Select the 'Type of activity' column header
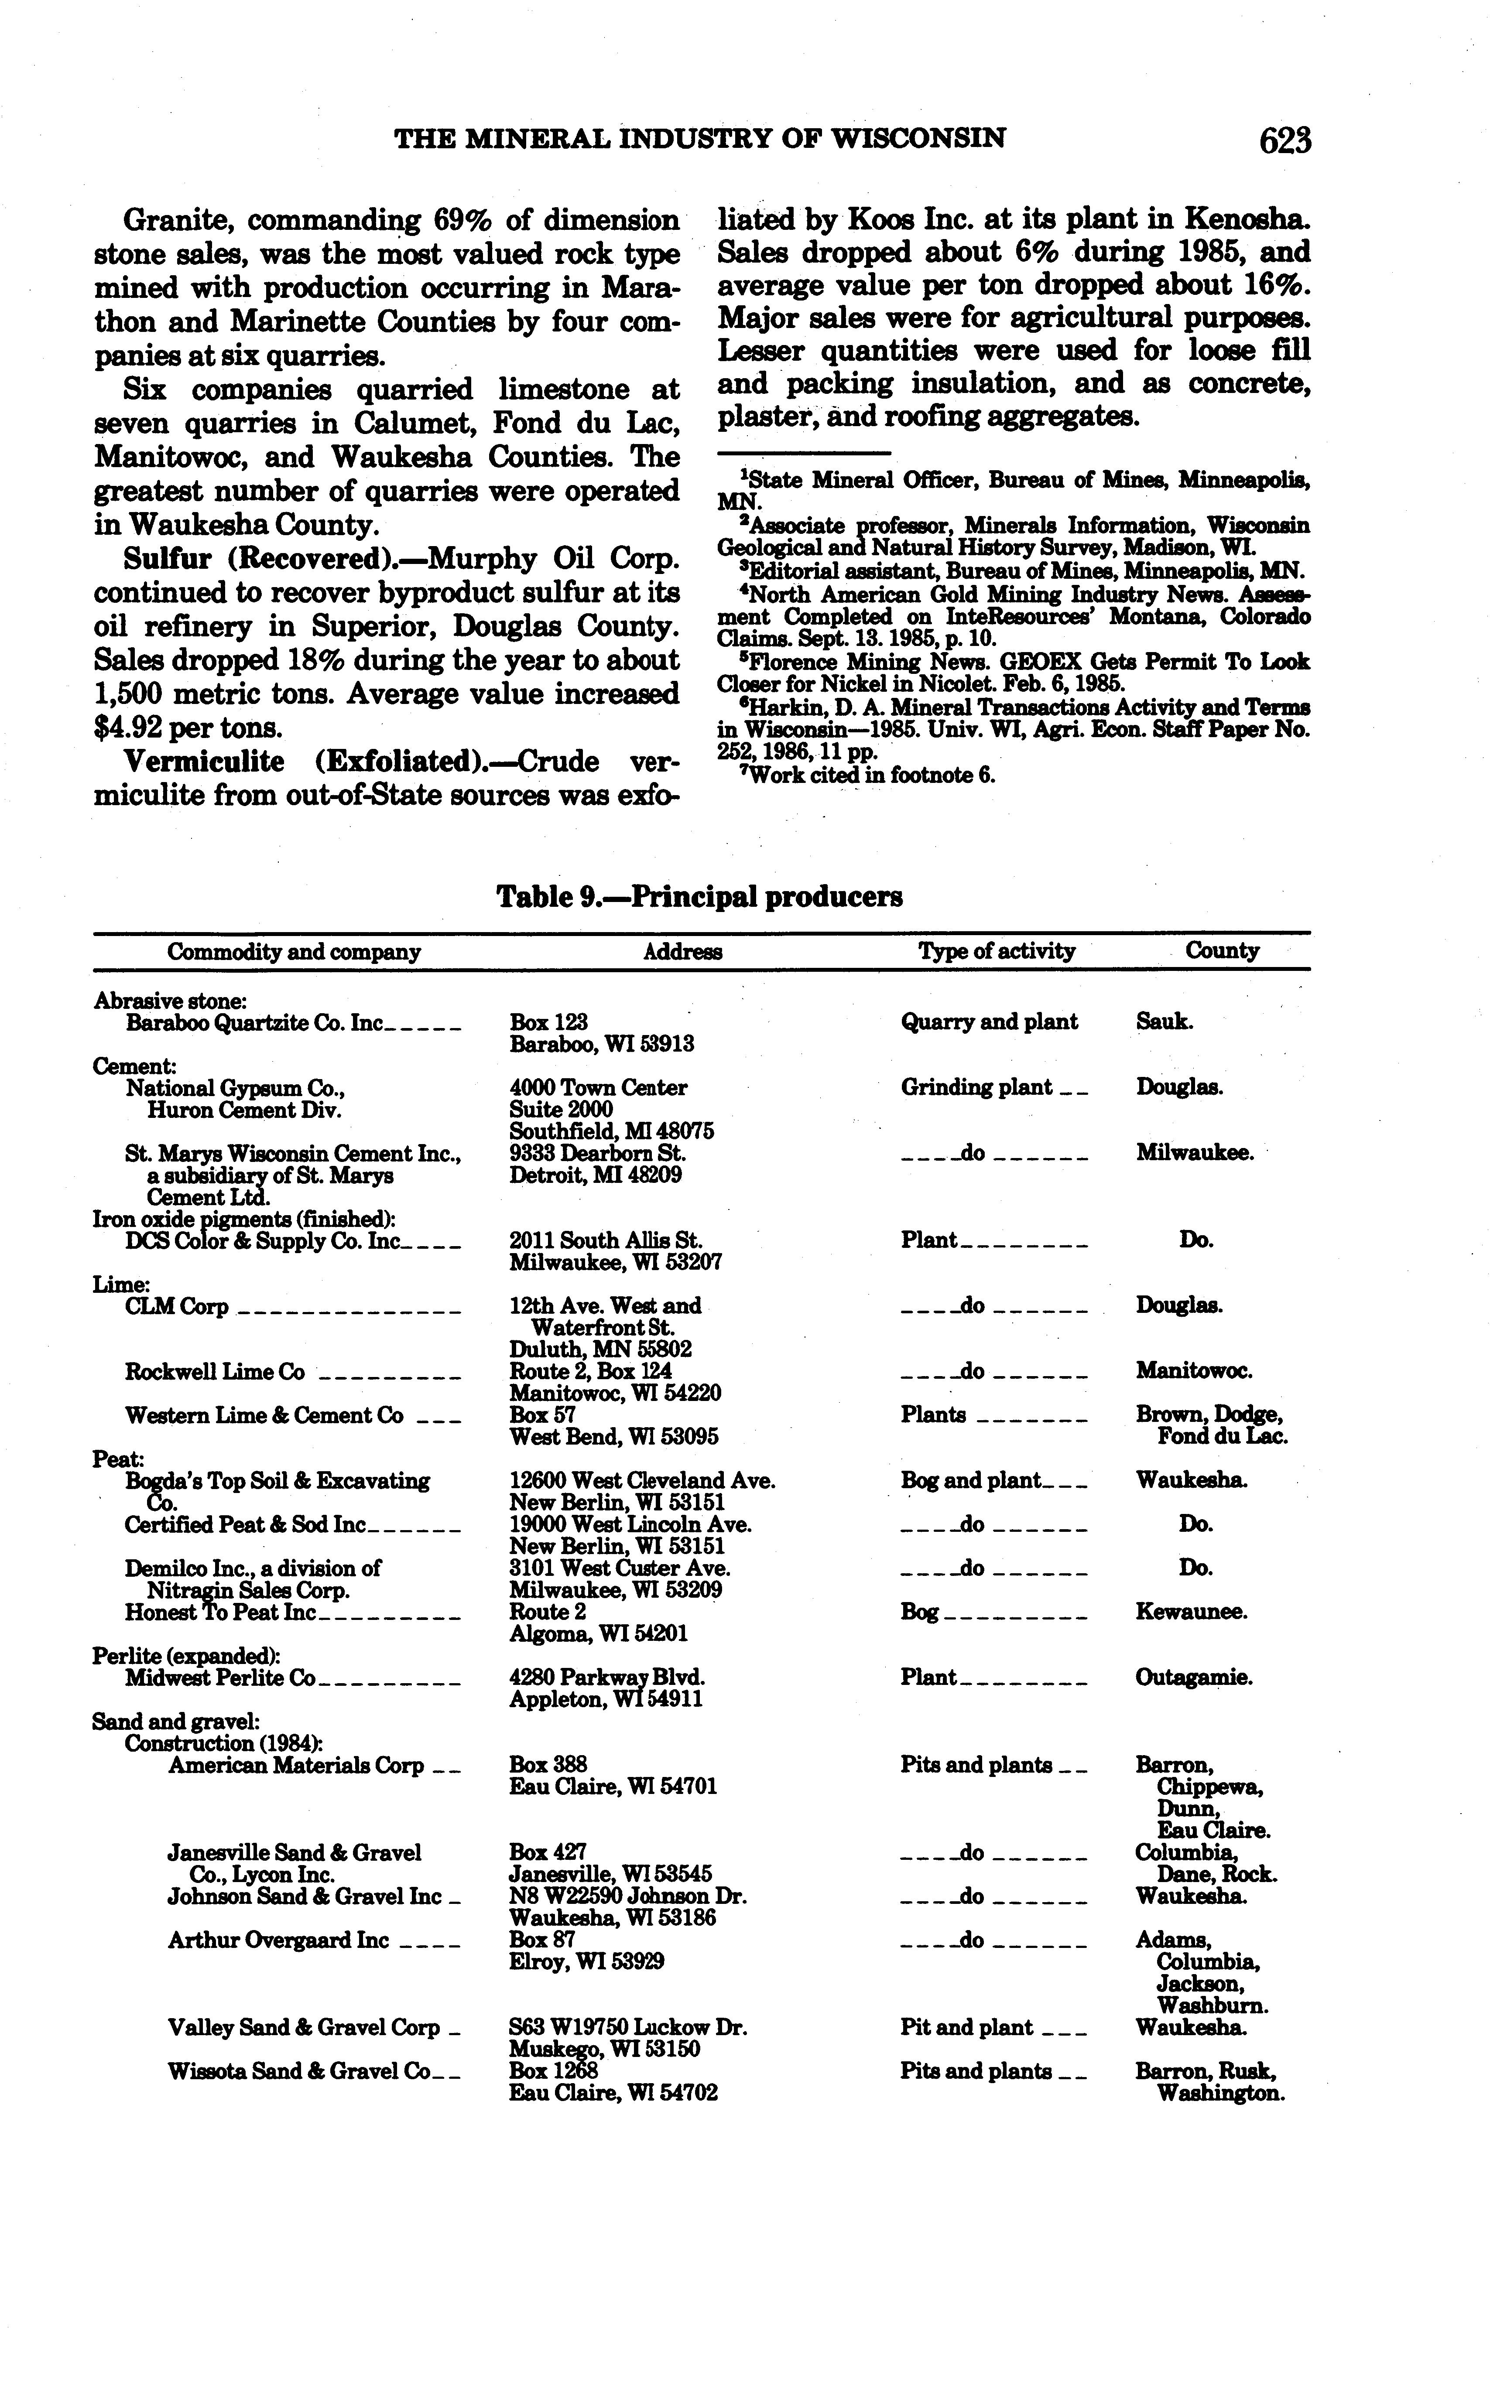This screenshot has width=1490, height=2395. coord(996,951)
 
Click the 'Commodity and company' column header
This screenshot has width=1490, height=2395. coord(294,952)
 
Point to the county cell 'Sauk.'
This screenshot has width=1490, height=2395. coord(1164,1022)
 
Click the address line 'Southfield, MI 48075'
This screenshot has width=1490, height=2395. coord(611,1131)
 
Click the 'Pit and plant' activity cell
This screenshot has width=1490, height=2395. coord(966,2027)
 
